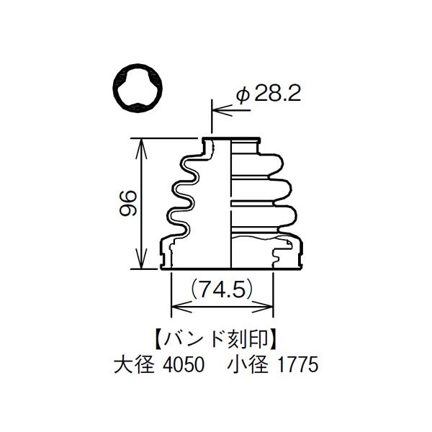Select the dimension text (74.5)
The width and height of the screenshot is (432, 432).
(222, 289)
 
